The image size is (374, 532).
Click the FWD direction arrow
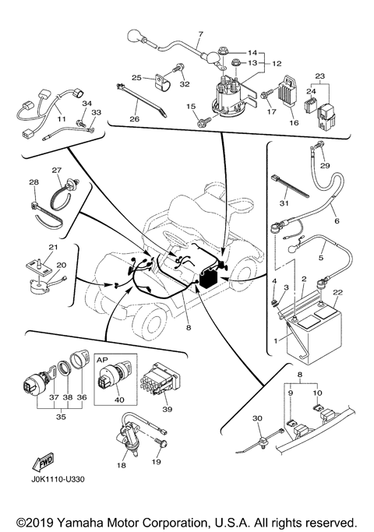pos(43,462)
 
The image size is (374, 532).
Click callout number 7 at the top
pos(200,34)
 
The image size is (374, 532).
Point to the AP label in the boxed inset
pos(103,360)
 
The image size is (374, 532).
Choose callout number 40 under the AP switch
pos(119,400)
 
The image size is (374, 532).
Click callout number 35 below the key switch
pos(61,416)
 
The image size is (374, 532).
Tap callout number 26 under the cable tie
pos(134,118)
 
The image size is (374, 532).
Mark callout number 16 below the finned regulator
pos(294,122)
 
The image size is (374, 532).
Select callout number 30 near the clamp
pos(258,418)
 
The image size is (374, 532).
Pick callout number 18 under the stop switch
pos(121,465)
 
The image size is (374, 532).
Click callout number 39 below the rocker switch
pos(168,409)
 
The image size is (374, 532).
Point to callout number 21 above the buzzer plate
pos(53,247)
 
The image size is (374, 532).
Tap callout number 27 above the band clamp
pos(56,170)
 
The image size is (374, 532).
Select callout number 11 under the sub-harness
pos(62,119)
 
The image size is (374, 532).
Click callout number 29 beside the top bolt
pos(325,166)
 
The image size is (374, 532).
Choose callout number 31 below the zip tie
pos(284,203)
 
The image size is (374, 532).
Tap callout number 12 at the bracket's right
pos(277,63)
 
